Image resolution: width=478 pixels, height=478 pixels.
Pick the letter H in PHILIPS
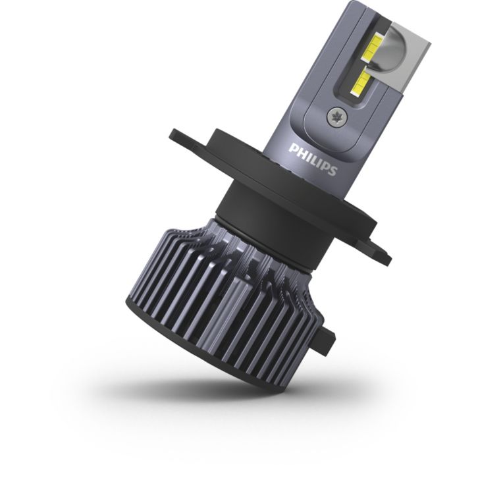coord(300,151)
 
